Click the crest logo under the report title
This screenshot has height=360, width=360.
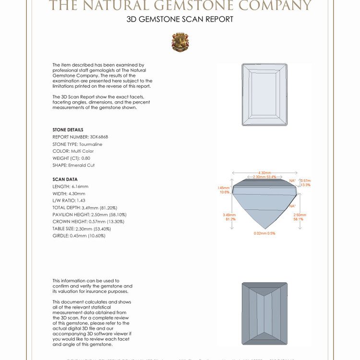click(x=180, y=42)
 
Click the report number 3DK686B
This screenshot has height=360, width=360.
click(x=103, y=137)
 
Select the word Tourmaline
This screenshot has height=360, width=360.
click(x=91, y=144)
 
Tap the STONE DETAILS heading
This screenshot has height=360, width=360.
click(x=68, y=130)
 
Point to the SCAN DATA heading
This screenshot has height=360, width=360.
click(x=65, y=179)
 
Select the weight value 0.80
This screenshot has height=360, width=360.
click(x=85, y=158)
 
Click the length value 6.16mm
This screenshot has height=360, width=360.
click(x=80, y=186)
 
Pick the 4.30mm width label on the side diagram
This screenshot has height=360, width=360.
click(x=264, y=173)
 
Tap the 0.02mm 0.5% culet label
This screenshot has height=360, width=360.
click(x=264, y=233)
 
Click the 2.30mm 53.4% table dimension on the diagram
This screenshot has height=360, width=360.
click(x=265, y=177)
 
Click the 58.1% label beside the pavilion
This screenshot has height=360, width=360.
click(x=298, y=219)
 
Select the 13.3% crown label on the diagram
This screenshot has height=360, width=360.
click(x=305, y=185)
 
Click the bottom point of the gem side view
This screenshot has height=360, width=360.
click(x=264, y=228)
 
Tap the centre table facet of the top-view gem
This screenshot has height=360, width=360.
click(x=264, y=94)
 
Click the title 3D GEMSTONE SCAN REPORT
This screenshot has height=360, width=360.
click(x=180, y=19)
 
